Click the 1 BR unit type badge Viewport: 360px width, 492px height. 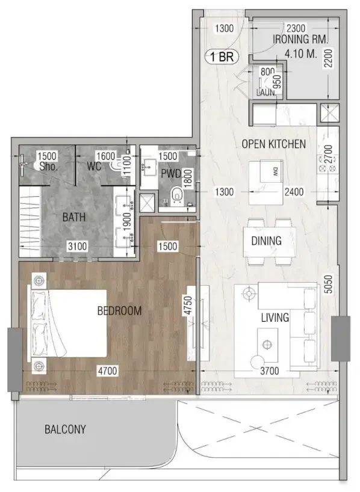pyautogui.click(x=223, y=57)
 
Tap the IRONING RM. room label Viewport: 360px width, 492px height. pyautogui.click(x=300, y=40)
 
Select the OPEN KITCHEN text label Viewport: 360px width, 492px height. pyautogui.click(x=274, y=144)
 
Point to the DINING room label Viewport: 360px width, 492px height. pyautogui.click(x=266, y=241)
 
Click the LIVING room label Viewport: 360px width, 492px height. pyautogui.click(x=275, y=318)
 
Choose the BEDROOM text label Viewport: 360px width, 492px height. pyautogui.click(x=119, y=311)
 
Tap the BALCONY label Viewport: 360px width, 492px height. pyautogui.click(x=65, y=429)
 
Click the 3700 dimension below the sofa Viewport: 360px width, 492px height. pyautogui.click(x=269, y=371)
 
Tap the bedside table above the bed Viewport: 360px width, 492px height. pyautogui.click(x=40, y=281)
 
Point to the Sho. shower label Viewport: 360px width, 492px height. pyautogui.click(x=48, y=166)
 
